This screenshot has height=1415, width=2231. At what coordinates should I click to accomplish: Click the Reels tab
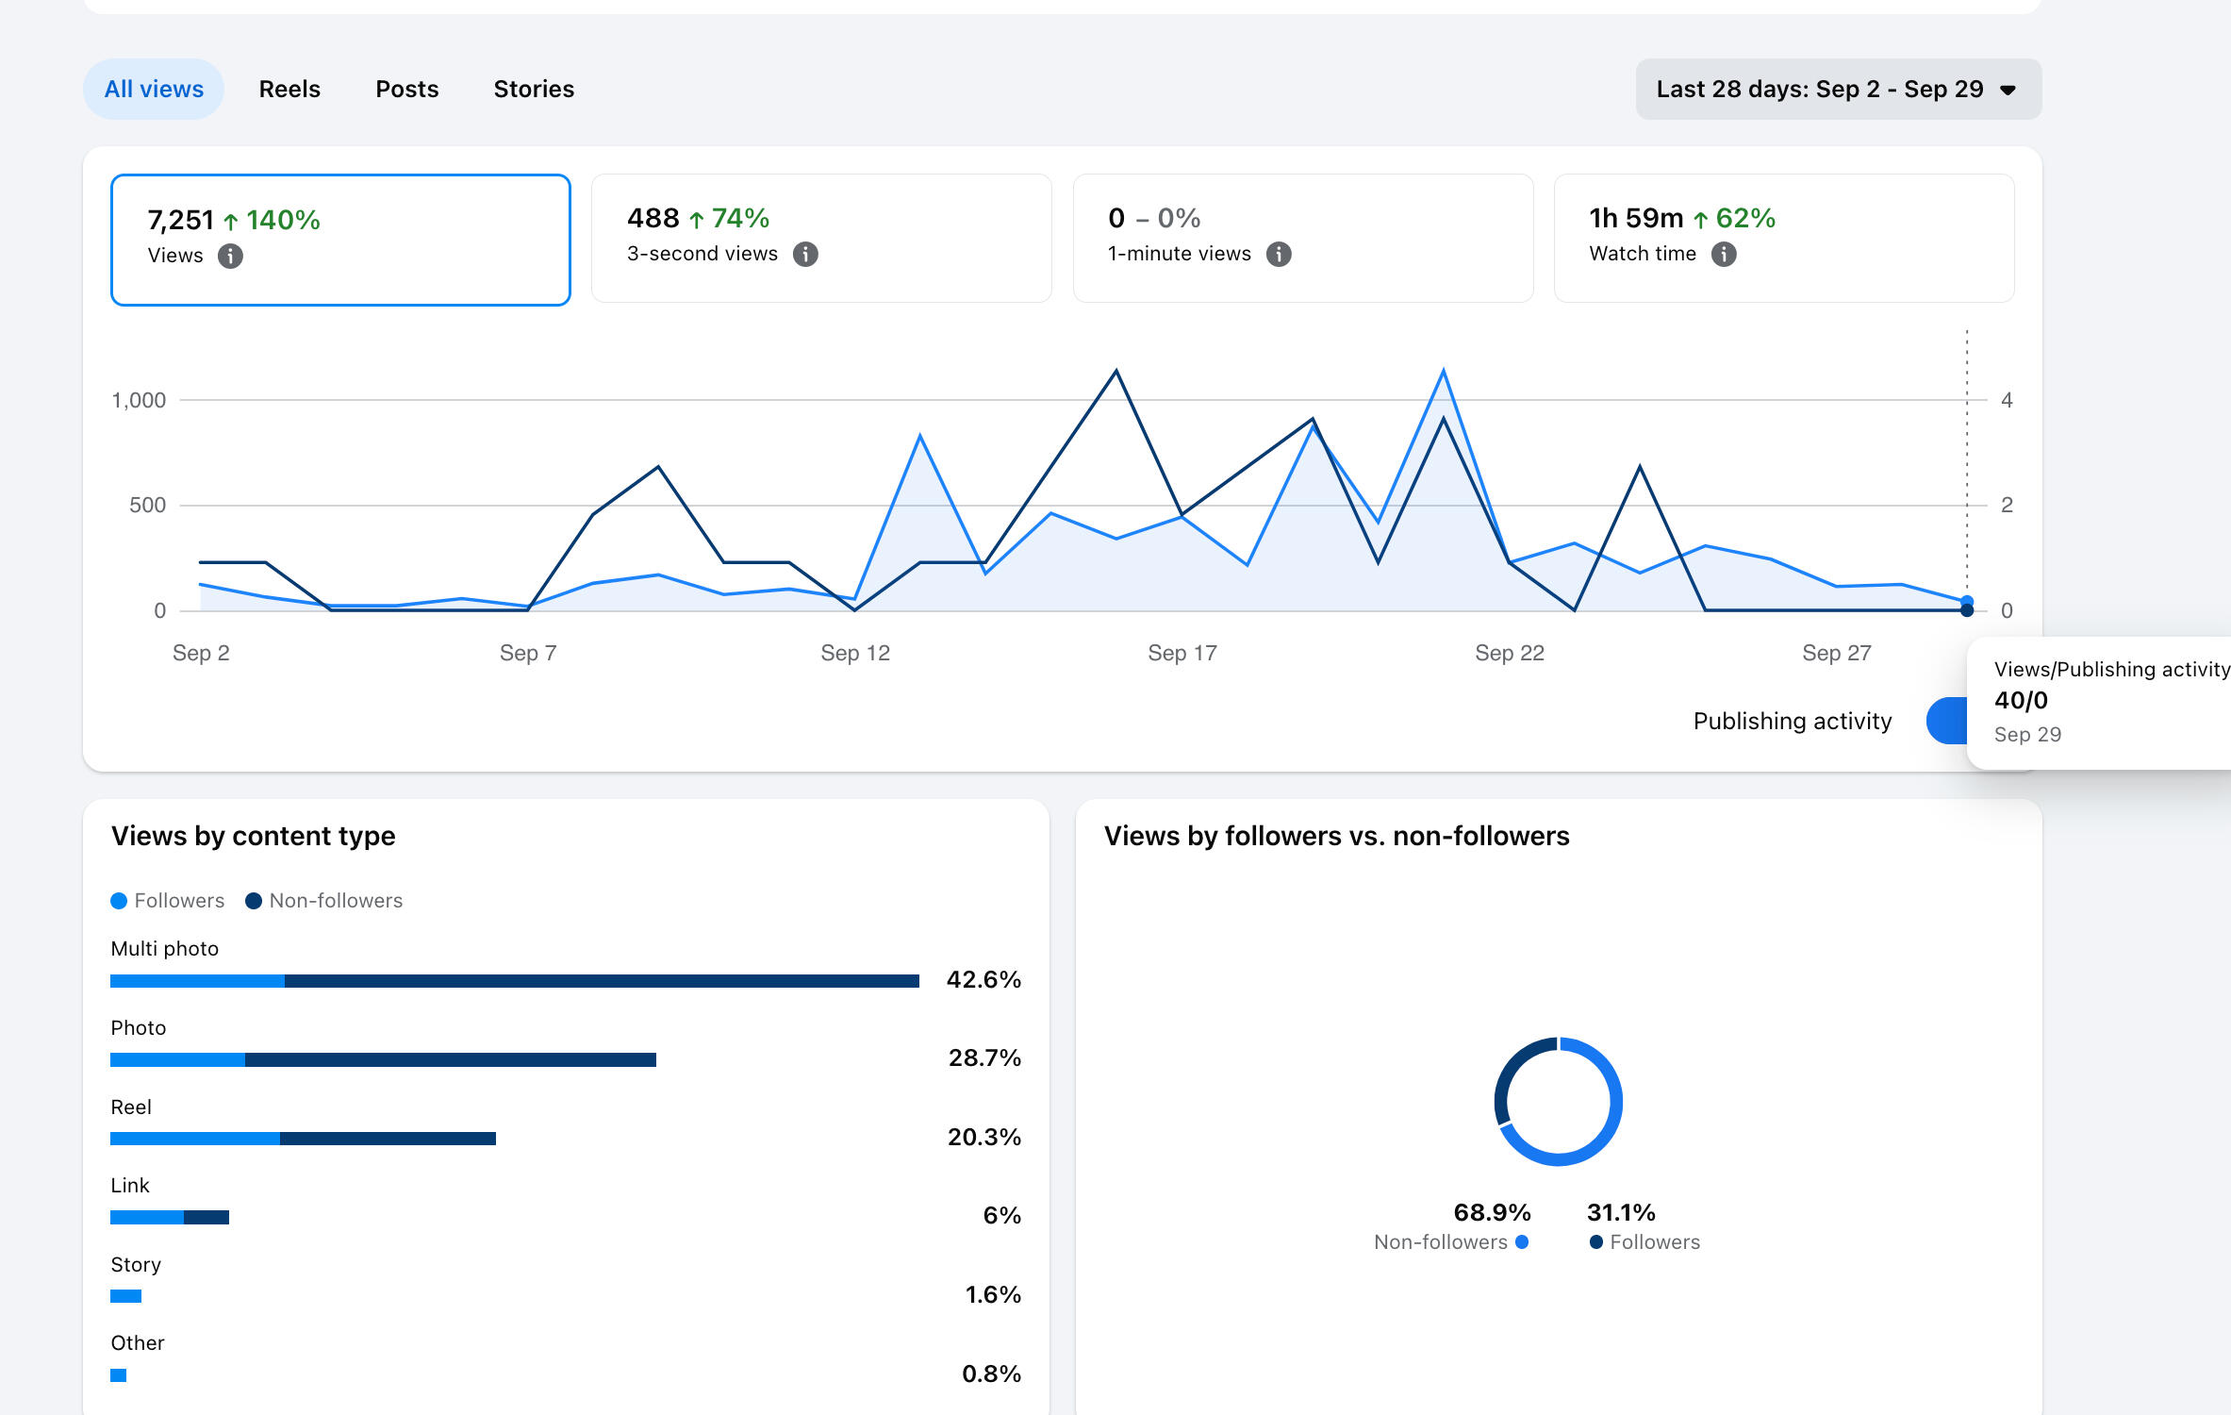289,89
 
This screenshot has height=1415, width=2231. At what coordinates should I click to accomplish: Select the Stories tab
534,89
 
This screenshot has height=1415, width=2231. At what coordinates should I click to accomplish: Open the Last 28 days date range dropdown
1838,89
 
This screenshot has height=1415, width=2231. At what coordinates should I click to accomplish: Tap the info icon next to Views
230,256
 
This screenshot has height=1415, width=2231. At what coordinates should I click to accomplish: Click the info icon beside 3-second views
805,254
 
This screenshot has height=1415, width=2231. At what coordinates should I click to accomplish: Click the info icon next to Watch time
1724,254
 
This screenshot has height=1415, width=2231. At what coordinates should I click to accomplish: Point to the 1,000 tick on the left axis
139,400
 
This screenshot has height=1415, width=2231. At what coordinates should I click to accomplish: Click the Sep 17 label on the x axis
1182,653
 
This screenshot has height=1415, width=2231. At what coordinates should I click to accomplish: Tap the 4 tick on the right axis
2007,400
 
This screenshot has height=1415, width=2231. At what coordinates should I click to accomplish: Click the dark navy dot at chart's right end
1966,610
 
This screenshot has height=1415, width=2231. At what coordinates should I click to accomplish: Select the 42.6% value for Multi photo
983,979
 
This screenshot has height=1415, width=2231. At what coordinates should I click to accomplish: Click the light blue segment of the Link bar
147,1217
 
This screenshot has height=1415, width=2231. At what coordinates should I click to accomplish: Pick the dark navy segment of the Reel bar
388,1139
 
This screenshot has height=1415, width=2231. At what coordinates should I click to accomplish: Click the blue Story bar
125,1296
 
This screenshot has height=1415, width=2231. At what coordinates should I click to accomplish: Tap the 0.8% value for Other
991,1373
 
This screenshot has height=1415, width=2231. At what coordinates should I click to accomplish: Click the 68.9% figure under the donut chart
1492,1212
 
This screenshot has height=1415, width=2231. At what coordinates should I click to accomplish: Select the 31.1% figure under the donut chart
1621,1212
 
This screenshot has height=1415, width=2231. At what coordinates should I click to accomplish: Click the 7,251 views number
181,220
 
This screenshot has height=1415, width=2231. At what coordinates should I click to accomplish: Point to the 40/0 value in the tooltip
2021,700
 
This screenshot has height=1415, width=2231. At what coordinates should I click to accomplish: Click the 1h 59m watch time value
1636,218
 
